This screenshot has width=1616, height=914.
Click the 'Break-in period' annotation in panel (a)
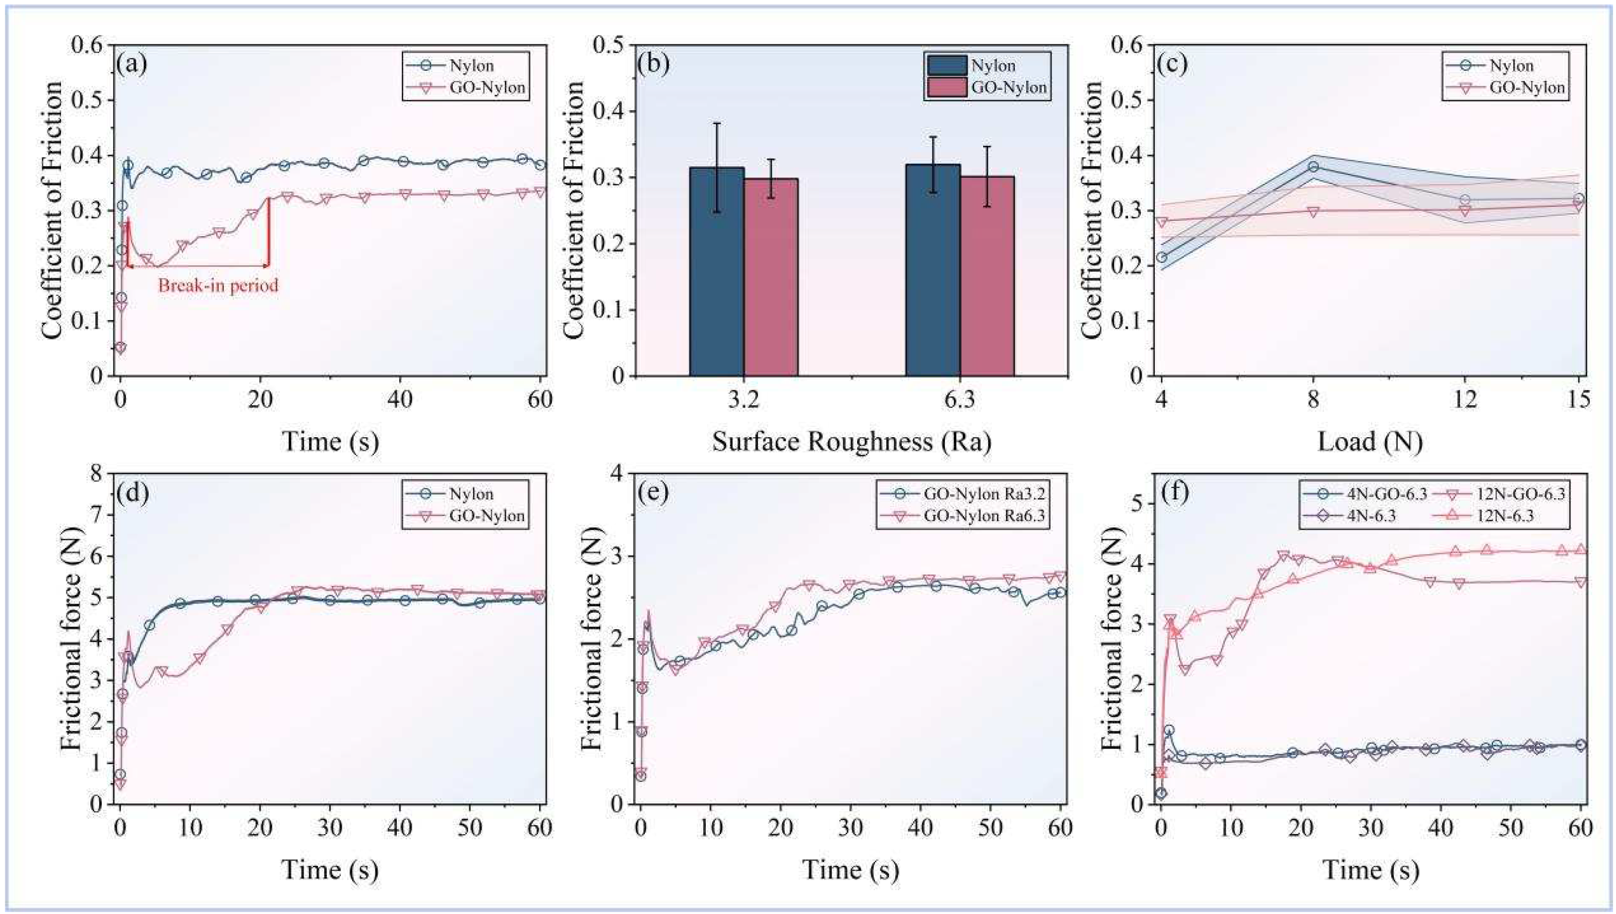coord(218,286)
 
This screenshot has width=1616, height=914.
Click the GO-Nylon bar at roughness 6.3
coord(987,276)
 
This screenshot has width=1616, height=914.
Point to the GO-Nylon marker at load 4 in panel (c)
coord(1162,222)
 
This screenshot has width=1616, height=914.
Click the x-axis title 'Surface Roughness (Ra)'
coord(851,442)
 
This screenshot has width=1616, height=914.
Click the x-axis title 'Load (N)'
coord(1369,442)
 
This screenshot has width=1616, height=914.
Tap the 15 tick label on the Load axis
coord(1578,399)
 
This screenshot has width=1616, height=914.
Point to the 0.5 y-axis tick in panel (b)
coord(611,46)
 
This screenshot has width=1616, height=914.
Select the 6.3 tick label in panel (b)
coord(960,399)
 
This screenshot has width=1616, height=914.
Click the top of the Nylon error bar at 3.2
coord(716,123)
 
